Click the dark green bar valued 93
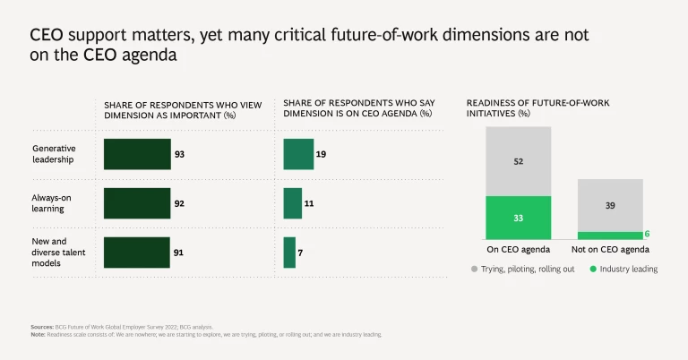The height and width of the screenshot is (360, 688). (137, 154)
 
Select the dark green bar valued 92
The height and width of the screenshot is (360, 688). (137, 203)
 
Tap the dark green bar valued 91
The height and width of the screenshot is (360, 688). (137, 253)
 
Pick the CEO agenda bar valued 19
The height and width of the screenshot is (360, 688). (298, 154)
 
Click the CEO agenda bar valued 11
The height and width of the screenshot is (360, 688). (292, 203)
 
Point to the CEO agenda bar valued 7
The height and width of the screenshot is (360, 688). (289, 253)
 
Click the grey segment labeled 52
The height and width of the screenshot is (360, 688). (518, 161)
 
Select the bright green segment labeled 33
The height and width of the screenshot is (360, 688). (518, 218)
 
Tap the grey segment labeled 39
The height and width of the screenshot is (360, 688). (610, 205)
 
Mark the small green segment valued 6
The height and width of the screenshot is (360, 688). (610, 236)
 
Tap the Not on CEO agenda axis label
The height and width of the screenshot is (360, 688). (610, 249)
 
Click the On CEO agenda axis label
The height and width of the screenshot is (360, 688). (518, 249)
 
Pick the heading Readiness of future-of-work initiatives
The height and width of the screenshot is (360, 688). (537, 108)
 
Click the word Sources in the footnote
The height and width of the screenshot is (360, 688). (40, 328)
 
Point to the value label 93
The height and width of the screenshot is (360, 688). (180, 154)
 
